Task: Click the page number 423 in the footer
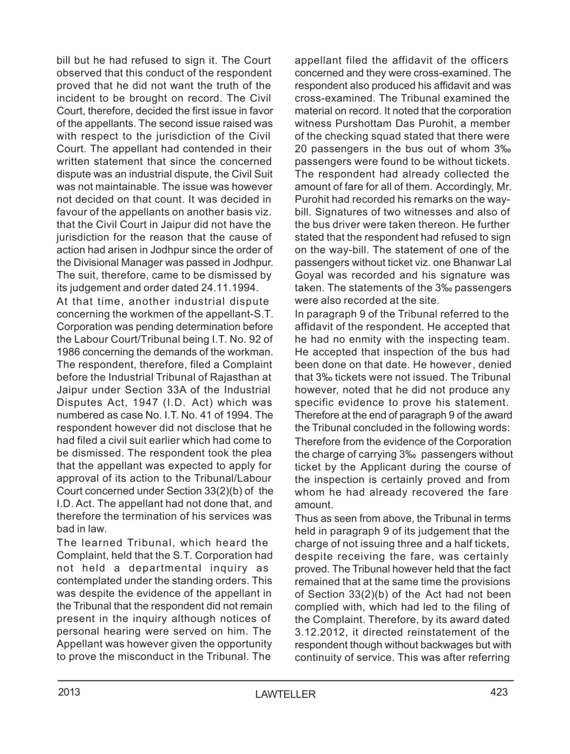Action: click(x=499, y=692)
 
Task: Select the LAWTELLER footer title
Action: click(x=285, y=695)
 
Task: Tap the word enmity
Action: click(x=367, y=339)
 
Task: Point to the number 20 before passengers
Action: click(x=301, y=149)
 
